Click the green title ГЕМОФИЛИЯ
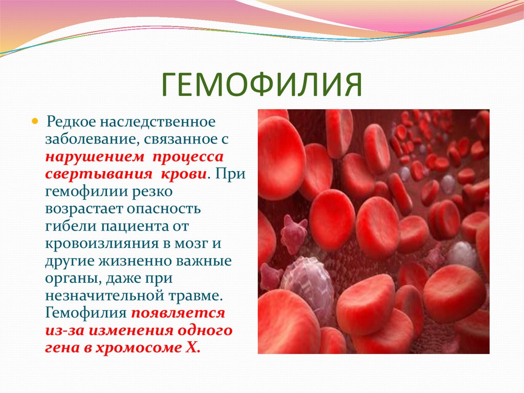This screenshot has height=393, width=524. tap(261, 85)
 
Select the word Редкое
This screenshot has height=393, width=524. tap(70, 121)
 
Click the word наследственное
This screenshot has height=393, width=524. tap(157, 121)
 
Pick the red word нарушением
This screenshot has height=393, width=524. tap(95, 157)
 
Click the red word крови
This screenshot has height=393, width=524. tap(184, 174)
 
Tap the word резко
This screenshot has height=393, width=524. tap(152, 192)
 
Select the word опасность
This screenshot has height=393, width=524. tap(164, 209)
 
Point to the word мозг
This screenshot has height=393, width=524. tap(191, 244)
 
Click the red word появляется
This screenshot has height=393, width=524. tap(178, 314)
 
